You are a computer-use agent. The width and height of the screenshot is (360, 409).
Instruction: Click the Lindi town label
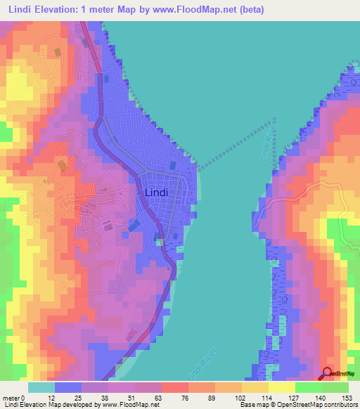pyautogui.click(x=155, y=192)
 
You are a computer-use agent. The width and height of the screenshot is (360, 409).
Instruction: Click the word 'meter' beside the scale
pyautogui.click(x=12, y=397)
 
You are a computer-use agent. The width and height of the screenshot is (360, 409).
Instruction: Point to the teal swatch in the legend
pyautogui.click(x=41, y=387)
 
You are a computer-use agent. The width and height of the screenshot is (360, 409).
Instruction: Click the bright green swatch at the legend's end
pyautogui.click(x=335, y=387)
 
